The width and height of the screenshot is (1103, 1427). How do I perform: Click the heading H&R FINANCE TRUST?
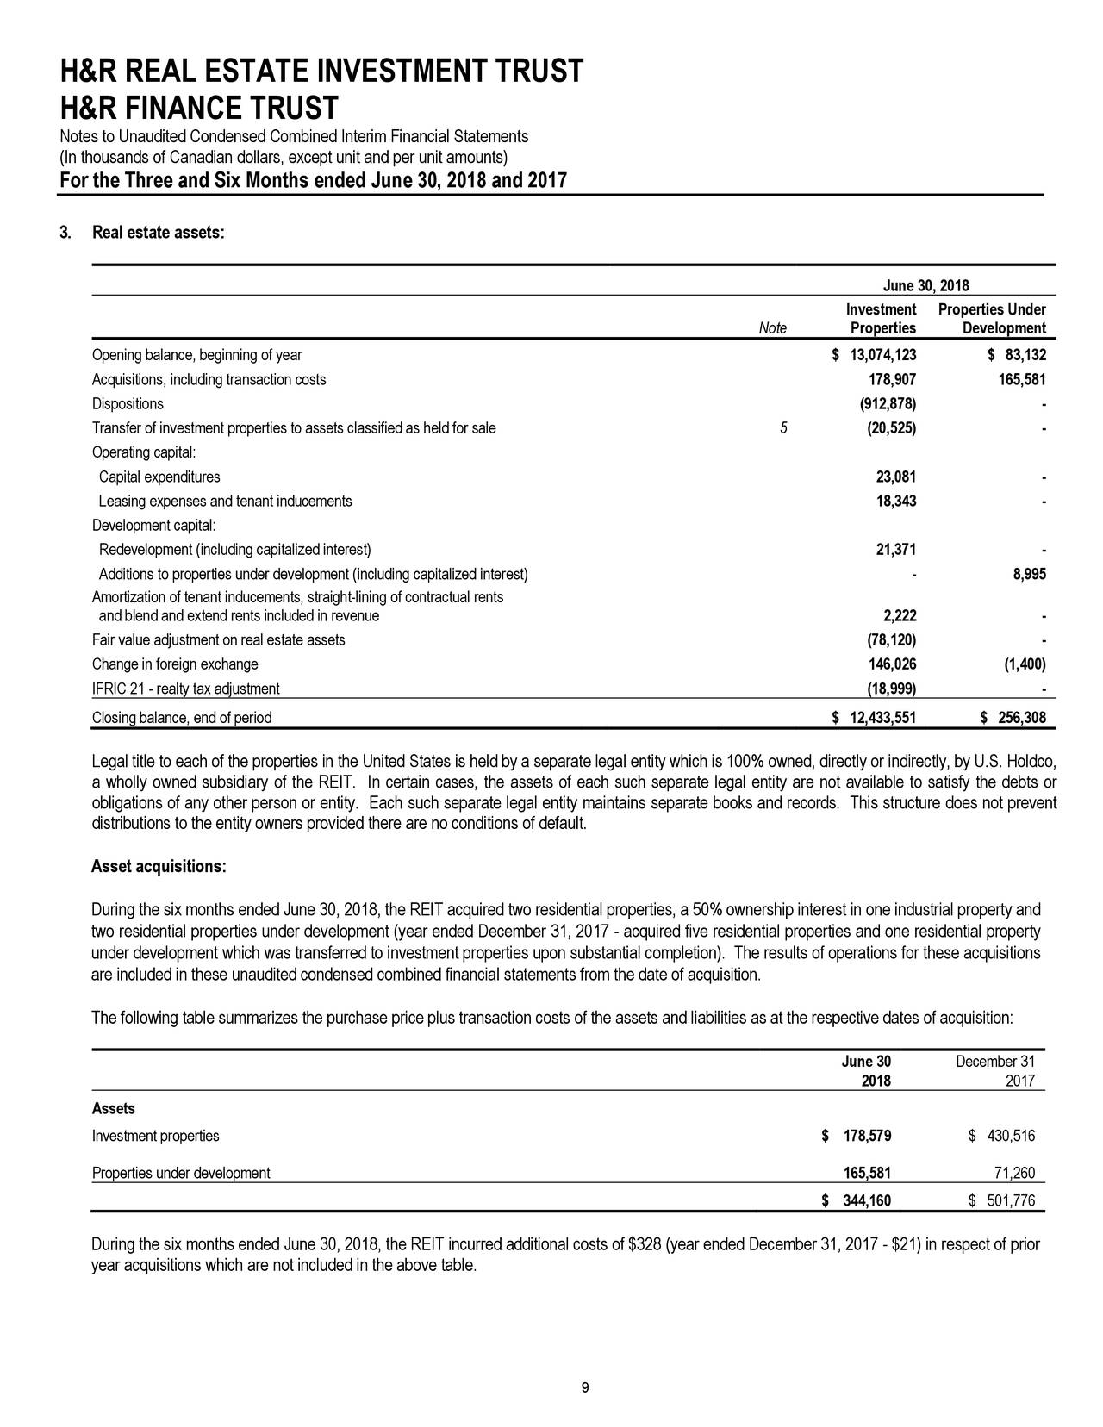[198, 109]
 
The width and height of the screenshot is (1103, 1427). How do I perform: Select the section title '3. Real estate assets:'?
[142, 234]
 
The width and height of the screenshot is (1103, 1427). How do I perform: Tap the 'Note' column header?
[772, 328]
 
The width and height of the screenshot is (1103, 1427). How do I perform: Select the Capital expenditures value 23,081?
[895, 477]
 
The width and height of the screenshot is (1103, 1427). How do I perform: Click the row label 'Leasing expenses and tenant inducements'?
[225, 502]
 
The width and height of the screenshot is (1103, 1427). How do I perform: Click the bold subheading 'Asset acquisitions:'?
[159, 866]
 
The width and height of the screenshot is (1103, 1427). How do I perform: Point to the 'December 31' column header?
[994, 1061]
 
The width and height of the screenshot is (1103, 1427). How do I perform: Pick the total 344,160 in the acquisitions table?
[865, 1201]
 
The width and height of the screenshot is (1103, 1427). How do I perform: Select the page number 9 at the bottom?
[585, 1386]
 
